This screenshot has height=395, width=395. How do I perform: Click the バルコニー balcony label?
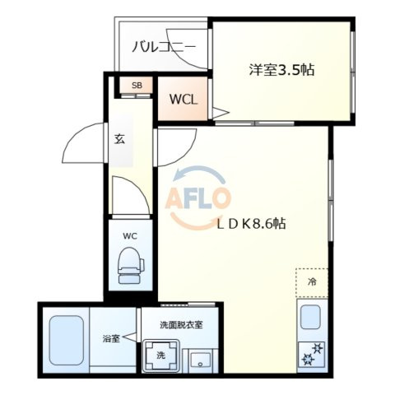(164, 47)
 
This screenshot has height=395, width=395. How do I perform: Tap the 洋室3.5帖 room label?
(281, 70)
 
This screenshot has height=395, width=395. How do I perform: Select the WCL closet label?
(184, 100)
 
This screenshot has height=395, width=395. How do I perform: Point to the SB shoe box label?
(137, 86)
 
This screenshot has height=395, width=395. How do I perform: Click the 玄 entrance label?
(119, 139)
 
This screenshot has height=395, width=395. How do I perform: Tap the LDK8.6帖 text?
(252, 224)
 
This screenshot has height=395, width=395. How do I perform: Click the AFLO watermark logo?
(197, 197)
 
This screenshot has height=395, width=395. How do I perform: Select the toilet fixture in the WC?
(131, 265)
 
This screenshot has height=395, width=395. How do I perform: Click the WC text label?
(130, 236)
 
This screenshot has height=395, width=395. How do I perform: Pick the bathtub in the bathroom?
(67, 341)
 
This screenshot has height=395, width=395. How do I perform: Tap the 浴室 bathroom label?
(111, 338)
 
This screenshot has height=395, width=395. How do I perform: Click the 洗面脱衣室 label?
(181, 325)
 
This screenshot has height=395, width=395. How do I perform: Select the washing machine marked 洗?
(161, 355)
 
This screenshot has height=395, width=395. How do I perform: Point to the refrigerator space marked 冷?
(312, 282)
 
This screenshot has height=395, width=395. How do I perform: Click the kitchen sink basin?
(310, 317)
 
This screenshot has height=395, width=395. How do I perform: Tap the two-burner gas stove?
(312, 354)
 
